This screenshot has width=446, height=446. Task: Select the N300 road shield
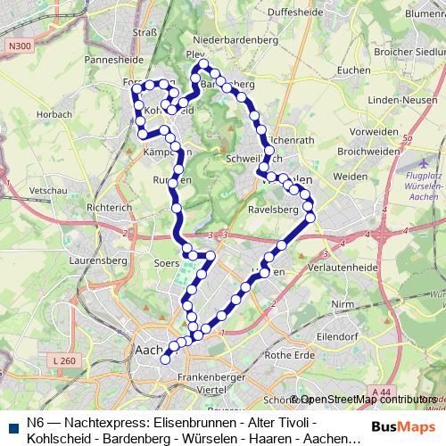point(15,45)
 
